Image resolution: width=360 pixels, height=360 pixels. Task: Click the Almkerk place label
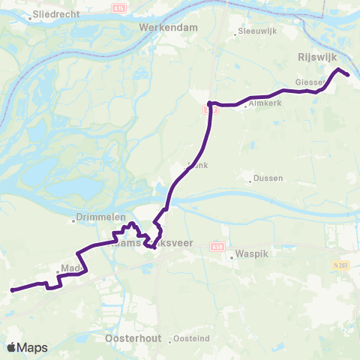pos(264,103)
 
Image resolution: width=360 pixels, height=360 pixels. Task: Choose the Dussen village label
pos(268,180)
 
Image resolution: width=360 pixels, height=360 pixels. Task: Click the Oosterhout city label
pos(129,339)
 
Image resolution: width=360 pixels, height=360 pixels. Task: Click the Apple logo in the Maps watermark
pos(12,347)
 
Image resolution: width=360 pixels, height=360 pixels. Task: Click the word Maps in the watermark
pos(34,347)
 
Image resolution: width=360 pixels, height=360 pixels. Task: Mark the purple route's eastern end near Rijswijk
pos(349,74)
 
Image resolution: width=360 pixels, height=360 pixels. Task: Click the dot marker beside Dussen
pos(250,181)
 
